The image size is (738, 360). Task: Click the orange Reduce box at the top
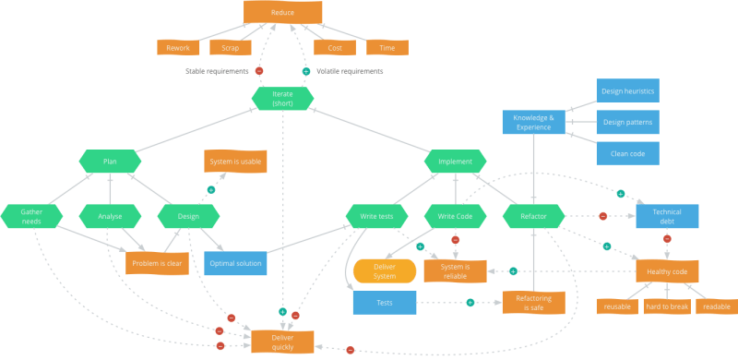coord(283,13)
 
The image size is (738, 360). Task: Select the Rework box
coord(178,47)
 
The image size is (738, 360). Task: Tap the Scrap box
coord(231,47)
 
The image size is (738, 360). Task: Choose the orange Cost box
coord(334,47)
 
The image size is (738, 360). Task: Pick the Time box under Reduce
coord(387,47)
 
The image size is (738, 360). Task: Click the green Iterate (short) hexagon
coord(283,98)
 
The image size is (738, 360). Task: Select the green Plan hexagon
coord(110,162)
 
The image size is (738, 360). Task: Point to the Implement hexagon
coord(455,162)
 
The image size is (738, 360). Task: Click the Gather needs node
coord(31,216)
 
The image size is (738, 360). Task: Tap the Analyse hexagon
coord(110,216)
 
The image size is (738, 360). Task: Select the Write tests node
coord(376,216)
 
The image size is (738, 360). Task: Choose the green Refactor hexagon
coord(533,216)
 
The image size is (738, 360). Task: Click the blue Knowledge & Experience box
coord(533,122)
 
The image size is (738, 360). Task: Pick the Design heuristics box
coord(626,91)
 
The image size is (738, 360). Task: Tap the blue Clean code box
coord(626,152)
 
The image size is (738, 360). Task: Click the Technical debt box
coord(667,216)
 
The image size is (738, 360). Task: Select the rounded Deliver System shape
coord(385,270)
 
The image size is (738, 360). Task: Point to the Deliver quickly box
coord(283,341)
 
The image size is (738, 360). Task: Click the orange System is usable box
coord(235,162)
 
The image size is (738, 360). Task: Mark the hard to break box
coord(667,306)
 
